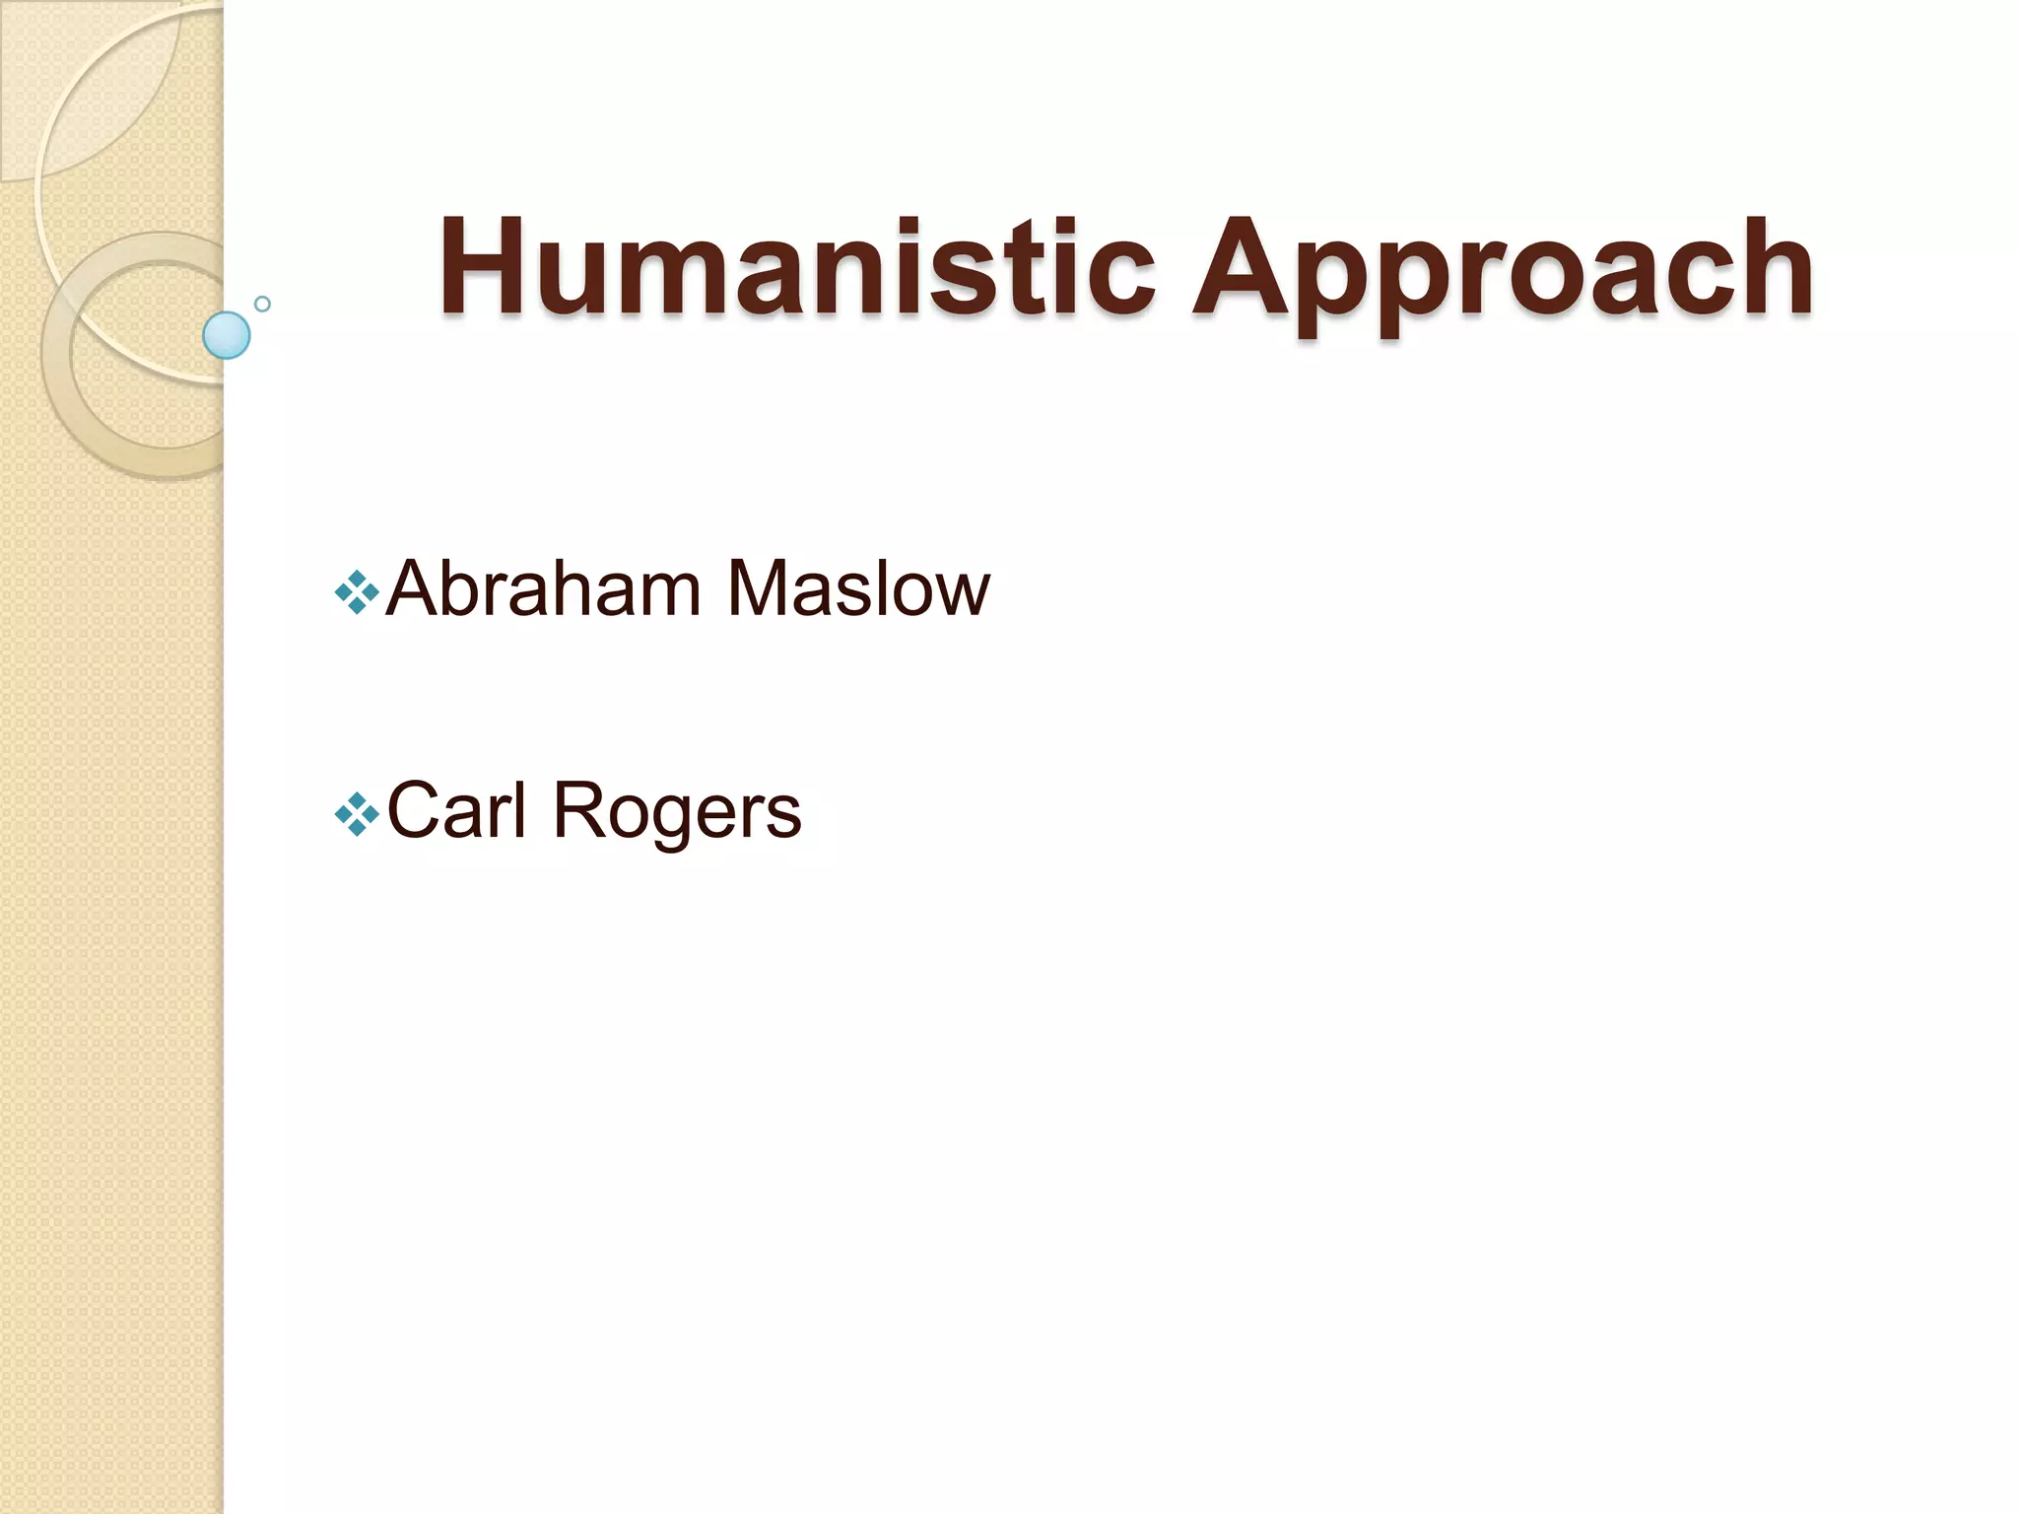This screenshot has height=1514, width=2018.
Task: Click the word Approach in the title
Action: (1502, 271)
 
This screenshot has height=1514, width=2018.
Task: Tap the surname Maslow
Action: (857, 589)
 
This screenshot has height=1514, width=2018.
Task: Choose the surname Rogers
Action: (677, 813)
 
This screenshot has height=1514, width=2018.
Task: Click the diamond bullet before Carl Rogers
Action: (357, 814)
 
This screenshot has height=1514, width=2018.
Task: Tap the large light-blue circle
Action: (227, 335)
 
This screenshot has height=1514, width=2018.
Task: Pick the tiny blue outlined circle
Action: (262, 304)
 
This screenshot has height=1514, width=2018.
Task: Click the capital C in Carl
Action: (417, 810)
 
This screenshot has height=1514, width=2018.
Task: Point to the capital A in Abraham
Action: (417, 589)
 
